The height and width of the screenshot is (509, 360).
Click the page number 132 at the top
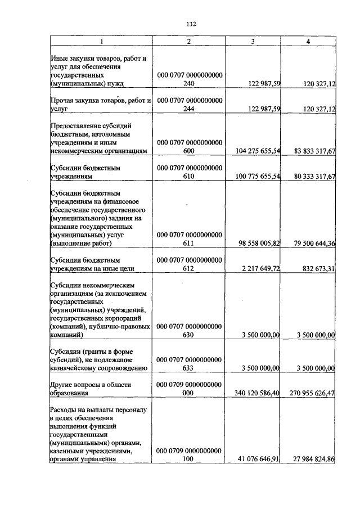point(190,24)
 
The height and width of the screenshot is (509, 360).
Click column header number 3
point(253,42)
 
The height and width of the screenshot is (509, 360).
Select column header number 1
point(101,42)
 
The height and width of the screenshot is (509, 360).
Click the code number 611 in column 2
point(188,244)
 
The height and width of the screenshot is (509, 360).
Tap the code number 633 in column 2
point(188,368)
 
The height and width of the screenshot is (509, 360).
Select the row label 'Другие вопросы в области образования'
point(91,389)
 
